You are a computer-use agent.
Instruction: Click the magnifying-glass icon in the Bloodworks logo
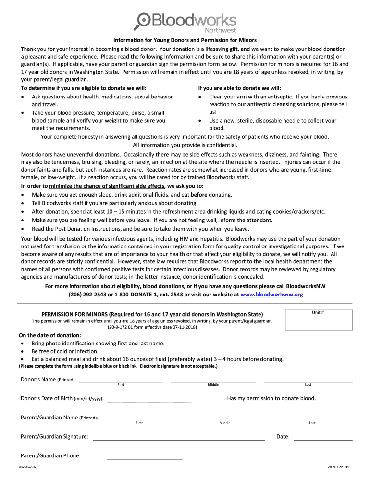(x=143, y=21)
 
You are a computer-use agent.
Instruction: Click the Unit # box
(x=318, y=320)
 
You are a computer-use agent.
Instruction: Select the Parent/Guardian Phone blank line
(x=144, y=458)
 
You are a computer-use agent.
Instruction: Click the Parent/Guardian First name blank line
(x=139, y=419)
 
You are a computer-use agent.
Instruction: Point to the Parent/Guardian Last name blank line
(x=312, y=419)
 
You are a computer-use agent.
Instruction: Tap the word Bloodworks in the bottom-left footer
(x=27, y=467)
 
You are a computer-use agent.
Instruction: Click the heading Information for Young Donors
(x=185, y=40)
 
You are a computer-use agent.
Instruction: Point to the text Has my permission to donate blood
(x=271, y=398)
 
